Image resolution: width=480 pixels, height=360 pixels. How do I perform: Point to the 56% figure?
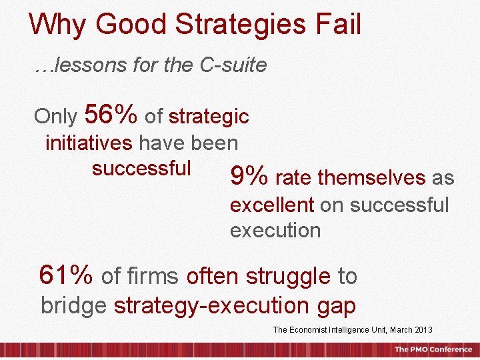(x=111, y=115)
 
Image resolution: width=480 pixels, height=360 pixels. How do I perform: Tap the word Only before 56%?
(x=56, y=117)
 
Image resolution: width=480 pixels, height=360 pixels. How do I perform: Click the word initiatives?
(x=89, y=143)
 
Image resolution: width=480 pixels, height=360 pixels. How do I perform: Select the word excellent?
(x=272, y=205)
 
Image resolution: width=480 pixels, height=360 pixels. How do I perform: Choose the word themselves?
(x=372, y=178)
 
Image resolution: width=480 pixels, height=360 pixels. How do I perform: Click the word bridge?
(x=73, y=305)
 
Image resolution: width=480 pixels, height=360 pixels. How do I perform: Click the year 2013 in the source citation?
(x=423, y=330)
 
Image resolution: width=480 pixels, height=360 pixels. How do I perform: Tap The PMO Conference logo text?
(x=433, y=349)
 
